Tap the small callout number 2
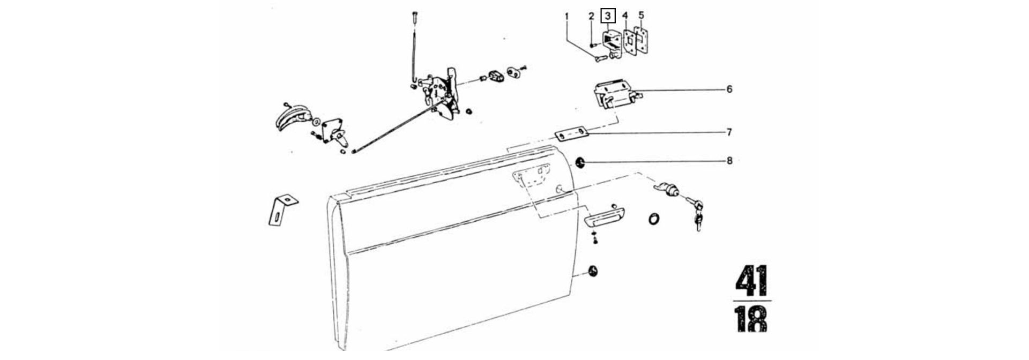pos(591,17)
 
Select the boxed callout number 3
pos(608,16)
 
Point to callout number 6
pos(729,89)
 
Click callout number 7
pos(729,132)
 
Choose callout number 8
pos(729,160)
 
